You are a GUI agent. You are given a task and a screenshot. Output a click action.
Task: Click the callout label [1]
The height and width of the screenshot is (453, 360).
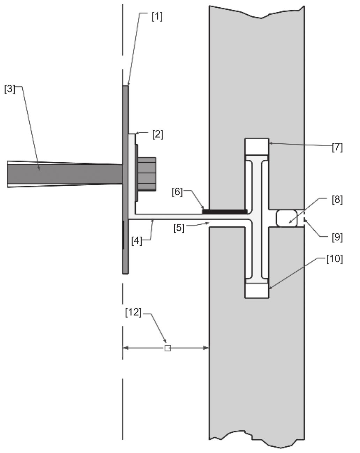(157, 16)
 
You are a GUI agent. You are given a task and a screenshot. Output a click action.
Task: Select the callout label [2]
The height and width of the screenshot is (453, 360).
(157, 134)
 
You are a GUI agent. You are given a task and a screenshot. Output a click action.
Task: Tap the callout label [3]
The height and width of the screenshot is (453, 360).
(10, 89)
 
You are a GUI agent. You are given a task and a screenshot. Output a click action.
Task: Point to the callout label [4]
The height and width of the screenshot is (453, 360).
(137, 240)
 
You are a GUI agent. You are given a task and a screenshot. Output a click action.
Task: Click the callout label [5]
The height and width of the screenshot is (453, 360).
(179, 228)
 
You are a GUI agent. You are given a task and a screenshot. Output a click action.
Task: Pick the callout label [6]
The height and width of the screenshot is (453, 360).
(177, 192)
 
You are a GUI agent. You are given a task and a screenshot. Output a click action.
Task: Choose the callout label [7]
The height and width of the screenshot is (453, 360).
(337, 147)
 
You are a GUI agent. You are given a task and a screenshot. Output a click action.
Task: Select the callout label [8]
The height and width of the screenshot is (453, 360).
(337, 200)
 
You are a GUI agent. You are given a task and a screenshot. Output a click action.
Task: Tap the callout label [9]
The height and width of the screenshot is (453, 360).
(337, 237)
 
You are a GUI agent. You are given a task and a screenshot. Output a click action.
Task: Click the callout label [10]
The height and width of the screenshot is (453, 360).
(334, 259)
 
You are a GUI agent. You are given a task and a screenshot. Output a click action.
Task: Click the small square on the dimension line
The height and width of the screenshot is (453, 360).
(167, 348)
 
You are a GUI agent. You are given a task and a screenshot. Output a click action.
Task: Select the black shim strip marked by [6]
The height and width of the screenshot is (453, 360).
(225, 211)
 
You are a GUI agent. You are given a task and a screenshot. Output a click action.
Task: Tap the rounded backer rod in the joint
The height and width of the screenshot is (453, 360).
(287, 218)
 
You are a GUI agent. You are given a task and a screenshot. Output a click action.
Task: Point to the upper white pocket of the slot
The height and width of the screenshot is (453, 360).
(257, 147)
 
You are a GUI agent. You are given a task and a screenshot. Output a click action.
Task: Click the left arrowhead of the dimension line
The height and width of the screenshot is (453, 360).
(125, 348)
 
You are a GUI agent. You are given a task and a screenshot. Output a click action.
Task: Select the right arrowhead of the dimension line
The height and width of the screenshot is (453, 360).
(206, 348)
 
